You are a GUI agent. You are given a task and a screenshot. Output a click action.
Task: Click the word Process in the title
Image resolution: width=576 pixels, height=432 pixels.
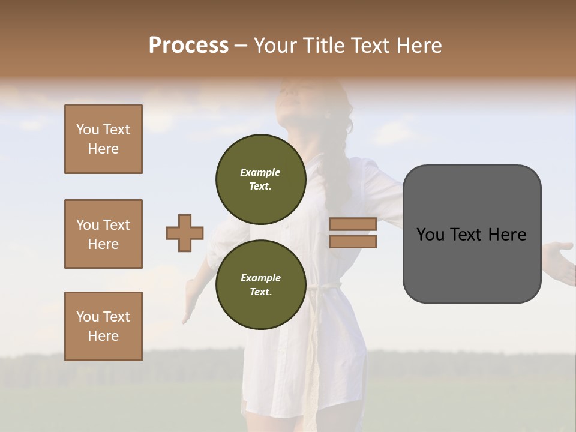point(188,46)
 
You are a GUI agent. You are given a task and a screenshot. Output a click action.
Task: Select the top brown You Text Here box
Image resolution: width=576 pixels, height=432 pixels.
point(103,139)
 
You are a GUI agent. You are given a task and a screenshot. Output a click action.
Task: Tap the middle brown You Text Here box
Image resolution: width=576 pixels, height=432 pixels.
point(103,234)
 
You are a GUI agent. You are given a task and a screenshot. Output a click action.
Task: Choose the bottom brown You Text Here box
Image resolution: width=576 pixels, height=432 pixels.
point(103,326)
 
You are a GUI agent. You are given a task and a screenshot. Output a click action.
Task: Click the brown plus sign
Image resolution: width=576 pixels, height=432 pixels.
point(185,233)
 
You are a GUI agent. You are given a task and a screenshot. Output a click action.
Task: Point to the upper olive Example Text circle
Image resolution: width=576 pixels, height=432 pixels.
point(260,179)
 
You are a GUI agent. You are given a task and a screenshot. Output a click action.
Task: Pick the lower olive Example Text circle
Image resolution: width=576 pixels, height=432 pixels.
point(260,284)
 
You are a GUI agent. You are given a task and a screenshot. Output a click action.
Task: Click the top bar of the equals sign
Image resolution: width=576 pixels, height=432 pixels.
point(353,224)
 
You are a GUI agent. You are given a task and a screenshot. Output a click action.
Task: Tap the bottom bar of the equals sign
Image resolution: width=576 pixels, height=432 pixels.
point(353,241)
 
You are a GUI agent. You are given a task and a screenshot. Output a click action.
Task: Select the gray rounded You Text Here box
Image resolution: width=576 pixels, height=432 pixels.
point(472,234)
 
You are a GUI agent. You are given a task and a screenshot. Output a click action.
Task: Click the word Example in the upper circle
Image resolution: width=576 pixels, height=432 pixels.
point(260,172)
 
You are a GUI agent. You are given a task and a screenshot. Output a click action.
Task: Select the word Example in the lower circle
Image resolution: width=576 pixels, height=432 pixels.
point(260,278)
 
